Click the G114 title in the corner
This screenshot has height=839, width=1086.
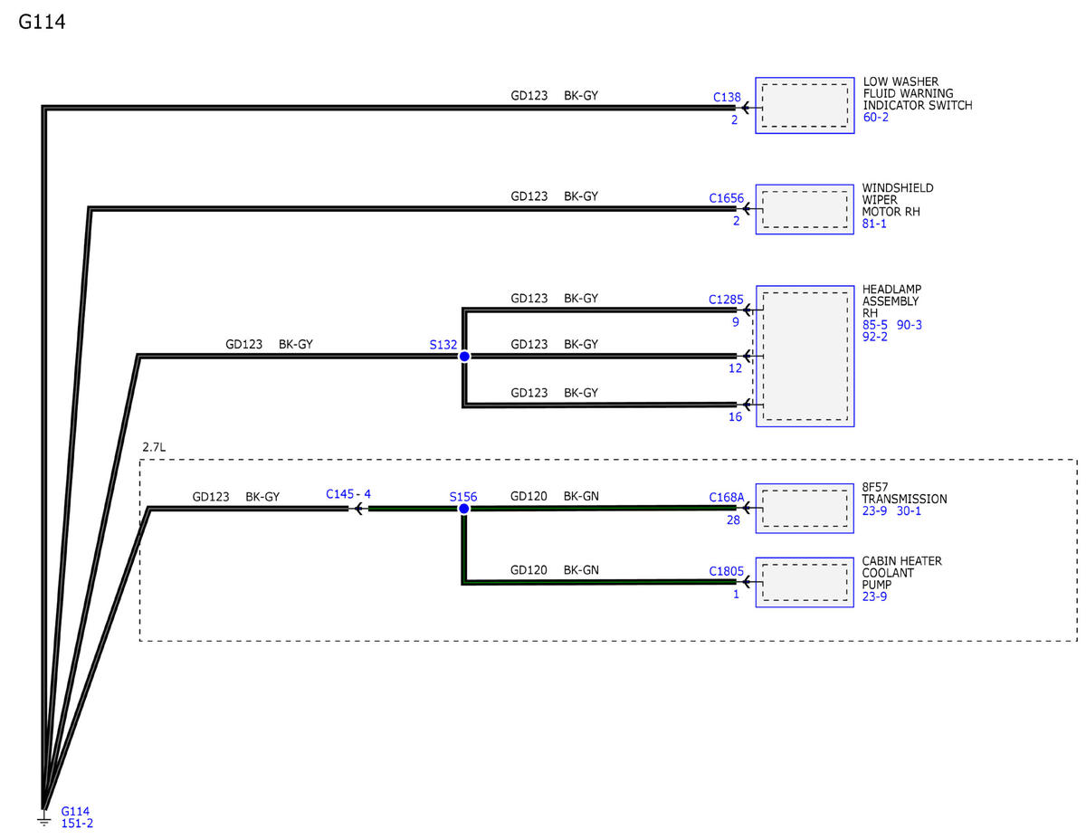pyautogui.click(x=42, y=22)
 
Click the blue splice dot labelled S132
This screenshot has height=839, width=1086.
pyautogui.click(x=464, y=357)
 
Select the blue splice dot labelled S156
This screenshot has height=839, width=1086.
pyautogui.click(x=463, y=509)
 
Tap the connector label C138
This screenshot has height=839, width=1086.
pyautogui.click(x=727, y=97)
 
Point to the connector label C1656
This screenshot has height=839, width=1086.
pyautogui.click(x=727, y=197)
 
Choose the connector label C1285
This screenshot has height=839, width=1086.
pyautogui.click(x=726, y=299)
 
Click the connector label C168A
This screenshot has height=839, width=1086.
pyautogui.click(x=726, y=497)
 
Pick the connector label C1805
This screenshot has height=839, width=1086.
pyautogui.click(x=726, y=571)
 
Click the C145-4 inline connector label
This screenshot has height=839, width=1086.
pyautogui.click(x=348, y=495)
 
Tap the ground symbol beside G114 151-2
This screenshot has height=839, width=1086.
pyautogui.click(x=43, y=819)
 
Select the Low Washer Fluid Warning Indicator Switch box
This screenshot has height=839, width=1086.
pyautogui.click(x=805, y=106)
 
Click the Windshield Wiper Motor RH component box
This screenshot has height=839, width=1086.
pyautogui.click(x=805, y=209)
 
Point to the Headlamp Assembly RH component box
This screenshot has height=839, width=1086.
pyautogui.click(x=805, y=357)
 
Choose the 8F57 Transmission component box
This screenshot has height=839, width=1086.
pyautogui.click(x=805, y=507)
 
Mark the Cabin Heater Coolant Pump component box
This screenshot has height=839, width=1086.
pyautogui.click(x=805, y=581)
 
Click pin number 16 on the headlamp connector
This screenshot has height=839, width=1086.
pyautogui.click(x=735, y=417)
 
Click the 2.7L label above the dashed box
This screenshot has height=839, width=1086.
pyautogui.click(x=154, y=447)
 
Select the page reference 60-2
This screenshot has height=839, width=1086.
pyautogui.click(x=876, y=118)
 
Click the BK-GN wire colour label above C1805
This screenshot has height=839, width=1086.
pyautogui.click(x=581, y=570)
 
